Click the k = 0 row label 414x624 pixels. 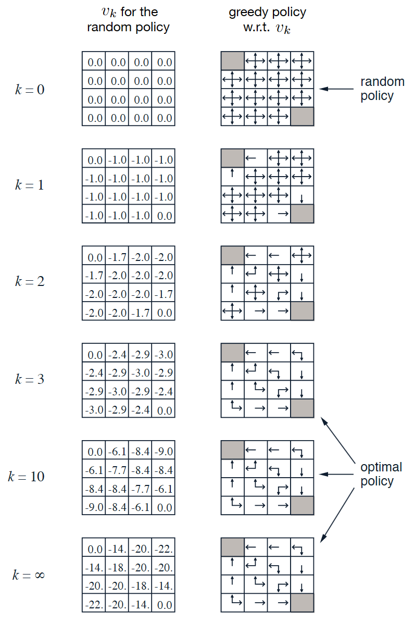point(29,90)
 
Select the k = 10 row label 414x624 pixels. point(26,477)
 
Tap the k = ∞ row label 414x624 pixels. point(28,575)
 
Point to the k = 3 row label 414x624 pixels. point(29,379)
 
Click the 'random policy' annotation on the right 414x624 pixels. point(382,89)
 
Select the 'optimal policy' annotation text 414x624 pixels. point(381,474)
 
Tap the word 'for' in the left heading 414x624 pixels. point(139,12)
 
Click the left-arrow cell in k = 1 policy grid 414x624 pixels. point(256,158)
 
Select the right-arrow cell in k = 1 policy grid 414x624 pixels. point(279,214)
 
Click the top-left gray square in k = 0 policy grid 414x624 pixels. point(232,61)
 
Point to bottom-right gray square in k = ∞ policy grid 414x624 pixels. point(302,603)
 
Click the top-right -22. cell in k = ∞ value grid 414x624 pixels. point(164,549)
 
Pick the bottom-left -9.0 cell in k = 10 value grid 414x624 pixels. point(94,507)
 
